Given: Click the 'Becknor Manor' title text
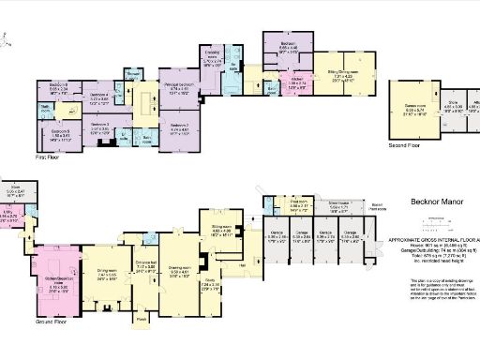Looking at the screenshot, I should [435, 201].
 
